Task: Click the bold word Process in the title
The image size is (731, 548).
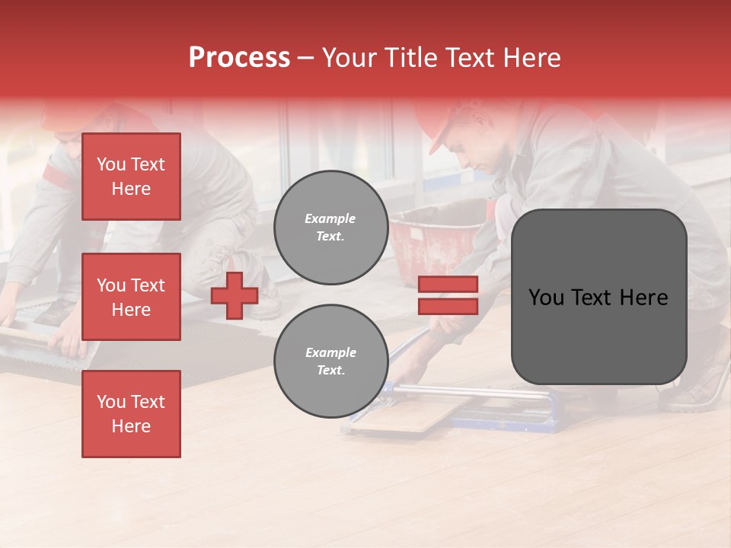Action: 239,58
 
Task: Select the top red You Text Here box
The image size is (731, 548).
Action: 131,177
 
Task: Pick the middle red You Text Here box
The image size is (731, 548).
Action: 131,297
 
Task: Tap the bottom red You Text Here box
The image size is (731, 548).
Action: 131,413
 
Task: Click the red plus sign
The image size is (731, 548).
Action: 235,295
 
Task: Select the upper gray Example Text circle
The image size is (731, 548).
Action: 330,227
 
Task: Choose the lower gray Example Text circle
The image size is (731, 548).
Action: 330,361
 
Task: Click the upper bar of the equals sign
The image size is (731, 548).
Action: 448,285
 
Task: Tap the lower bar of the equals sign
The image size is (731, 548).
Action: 448,306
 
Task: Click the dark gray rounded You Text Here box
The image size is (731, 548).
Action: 599,297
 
